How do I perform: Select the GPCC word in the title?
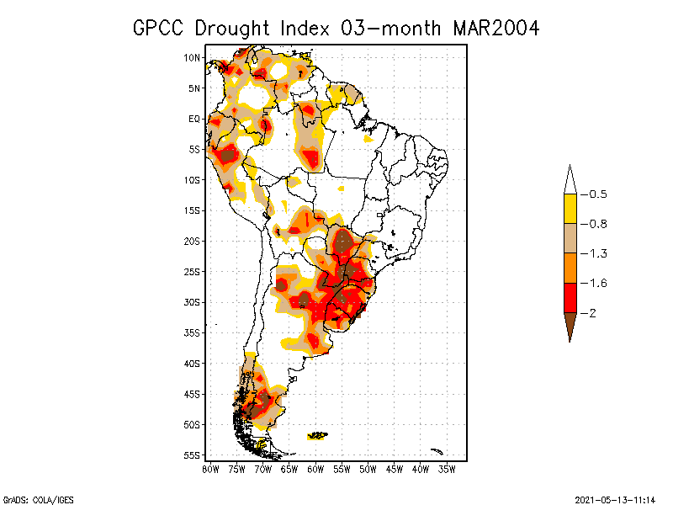(161, 28)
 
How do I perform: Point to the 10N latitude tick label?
(192, 57)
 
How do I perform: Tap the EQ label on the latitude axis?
(193, 119)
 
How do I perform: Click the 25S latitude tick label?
(192, 272)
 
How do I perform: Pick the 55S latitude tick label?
(192, 455)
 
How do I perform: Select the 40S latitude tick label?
(192, 364)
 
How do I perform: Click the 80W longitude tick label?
(210, 468)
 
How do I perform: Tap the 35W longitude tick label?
(447, 468)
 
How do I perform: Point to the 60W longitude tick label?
(315, 468)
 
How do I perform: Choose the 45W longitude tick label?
(395, 468)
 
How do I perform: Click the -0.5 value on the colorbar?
(597, 194)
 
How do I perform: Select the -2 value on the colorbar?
(592, 312)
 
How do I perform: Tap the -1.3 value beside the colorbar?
(597, 253)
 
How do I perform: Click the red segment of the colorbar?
(570, 297)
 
